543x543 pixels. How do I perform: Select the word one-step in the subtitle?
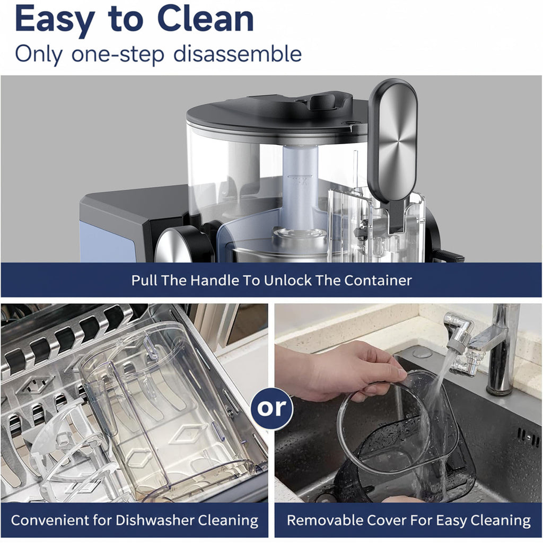(x=118, y=55)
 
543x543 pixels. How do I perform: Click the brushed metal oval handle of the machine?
(x=393, y=138)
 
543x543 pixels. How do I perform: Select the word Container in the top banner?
(x=378, y=280)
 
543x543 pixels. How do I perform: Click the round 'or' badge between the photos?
(x=271, y=408)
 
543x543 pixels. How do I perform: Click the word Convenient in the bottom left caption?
(x=50, y=520)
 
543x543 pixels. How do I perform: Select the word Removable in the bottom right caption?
(x=325, y=520)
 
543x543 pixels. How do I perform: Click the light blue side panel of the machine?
(x=104, y=242)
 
